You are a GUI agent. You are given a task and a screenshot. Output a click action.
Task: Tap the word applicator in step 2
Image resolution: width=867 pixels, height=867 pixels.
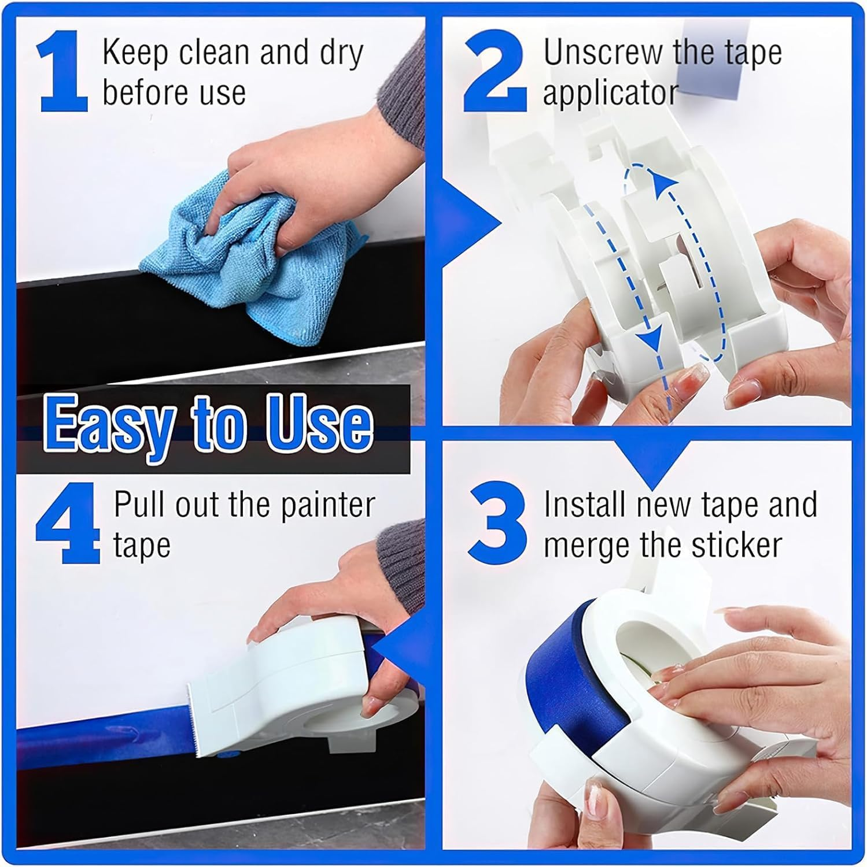click(610, 94)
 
